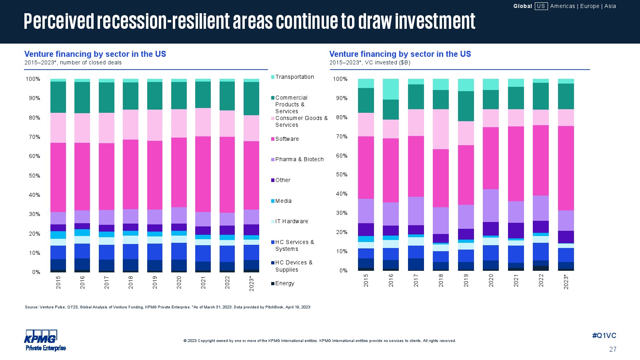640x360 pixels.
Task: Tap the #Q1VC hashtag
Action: (x=604, y=336)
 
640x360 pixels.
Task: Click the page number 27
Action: (x=612, y=349)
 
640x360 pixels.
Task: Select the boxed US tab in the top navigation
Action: (x=541, y=6)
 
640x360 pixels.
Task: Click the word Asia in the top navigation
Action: (x=610, y=6)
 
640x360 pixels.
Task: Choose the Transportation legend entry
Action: (x=294, y=77)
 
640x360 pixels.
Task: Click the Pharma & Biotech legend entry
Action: (x=299, y=159)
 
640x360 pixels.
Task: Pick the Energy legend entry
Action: (x=284, y=283)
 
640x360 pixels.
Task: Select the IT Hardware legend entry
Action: (x=292, y=221)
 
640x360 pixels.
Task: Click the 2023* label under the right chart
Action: (x=566, y=281)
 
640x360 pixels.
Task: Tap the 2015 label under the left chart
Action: (x=58, y=283)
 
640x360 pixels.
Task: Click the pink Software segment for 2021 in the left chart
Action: (x=203, y=174)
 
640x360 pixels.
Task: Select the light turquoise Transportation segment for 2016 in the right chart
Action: (x=391, y=89)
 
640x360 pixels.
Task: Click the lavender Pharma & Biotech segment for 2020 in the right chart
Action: (x=491, y=206)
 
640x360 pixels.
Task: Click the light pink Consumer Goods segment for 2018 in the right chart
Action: (x=441, y=129)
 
